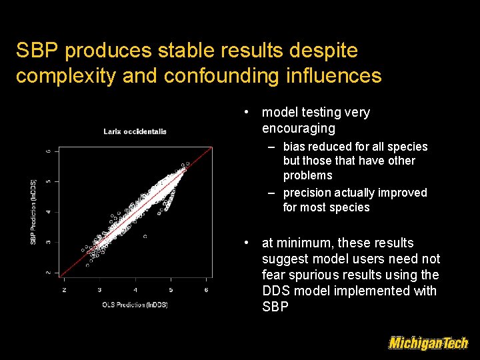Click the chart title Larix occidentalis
pos(135,131)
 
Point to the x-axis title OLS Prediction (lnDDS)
pos(135,305)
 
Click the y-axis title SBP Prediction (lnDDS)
pos(34,211)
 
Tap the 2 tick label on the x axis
pos(64,290)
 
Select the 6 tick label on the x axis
pos(207,290)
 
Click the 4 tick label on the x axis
pos(135,290)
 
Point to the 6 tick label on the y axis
pos(47,151)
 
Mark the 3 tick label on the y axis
pos(47,242)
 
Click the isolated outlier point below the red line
pos(145,237)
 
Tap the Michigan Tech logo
pos(428,343)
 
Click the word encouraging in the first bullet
pos(299,128)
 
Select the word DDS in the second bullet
pos(275,291)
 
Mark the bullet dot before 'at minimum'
pos(247,243)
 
